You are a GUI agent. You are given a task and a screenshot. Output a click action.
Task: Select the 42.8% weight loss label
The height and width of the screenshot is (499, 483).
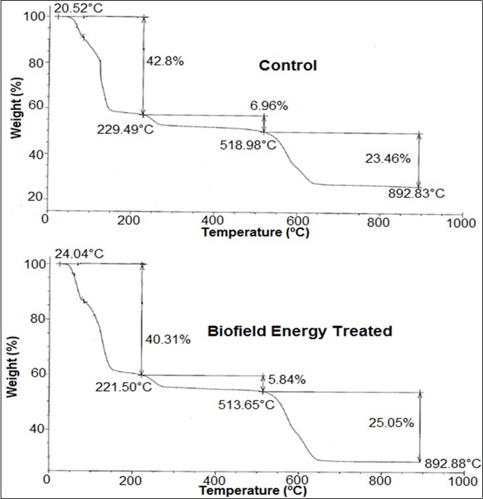tap(164, 61)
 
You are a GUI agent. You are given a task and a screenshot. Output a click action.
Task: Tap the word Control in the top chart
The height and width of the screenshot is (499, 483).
tap(288, 66)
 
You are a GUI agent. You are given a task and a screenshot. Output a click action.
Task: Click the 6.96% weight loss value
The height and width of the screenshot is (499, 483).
tap(264, 106)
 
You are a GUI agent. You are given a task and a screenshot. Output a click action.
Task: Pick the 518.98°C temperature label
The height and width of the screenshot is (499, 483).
tap(248, 144)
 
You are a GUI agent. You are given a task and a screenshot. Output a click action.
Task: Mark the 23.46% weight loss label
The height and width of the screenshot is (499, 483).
tap(388, 159)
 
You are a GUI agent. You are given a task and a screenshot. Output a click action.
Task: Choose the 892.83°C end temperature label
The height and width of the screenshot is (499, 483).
tap(416, 194)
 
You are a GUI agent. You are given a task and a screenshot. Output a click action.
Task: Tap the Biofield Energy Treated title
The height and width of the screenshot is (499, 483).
tap(299, 330)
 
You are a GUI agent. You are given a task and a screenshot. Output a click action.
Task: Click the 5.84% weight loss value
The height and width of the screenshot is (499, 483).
tap(284, 380)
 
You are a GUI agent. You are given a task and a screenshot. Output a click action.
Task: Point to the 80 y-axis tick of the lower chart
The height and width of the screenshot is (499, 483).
tap(34, 319)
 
